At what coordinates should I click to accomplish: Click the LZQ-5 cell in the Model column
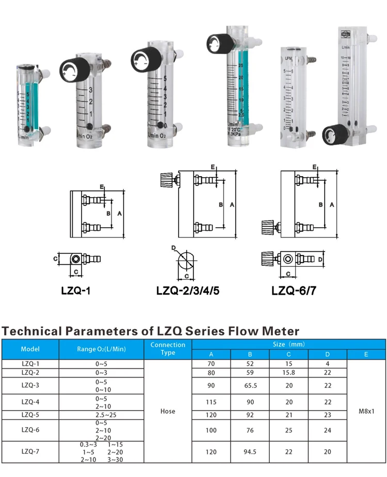[30, 415]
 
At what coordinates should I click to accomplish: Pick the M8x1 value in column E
[366, 412]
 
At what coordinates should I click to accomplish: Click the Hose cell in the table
[168, 411]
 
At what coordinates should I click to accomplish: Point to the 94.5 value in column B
[250, 452]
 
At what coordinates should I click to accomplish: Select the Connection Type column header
[168, 349]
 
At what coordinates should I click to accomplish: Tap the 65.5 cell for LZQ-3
[250, 386]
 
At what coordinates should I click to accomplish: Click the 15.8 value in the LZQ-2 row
[288, 372]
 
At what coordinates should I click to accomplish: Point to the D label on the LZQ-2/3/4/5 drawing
[173, 248]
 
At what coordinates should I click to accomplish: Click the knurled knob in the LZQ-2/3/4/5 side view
[169, 180]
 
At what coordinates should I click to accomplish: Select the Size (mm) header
[288, 344]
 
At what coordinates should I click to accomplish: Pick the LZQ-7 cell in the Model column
[30, 452]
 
